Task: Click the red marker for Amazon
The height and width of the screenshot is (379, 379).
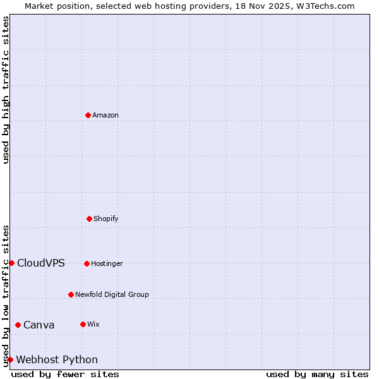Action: (88, 115)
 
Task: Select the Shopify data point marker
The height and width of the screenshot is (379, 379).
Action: (89, 219)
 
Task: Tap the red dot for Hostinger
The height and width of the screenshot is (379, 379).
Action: (87, 263)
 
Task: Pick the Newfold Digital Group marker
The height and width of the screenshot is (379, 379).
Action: (71, 294)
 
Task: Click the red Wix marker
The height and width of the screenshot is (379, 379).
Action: (83, 324)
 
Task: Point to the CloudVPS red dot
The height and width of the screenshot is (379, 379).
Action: (11, 263)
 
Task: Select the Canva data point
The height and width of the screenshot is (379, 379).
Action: (18, 325)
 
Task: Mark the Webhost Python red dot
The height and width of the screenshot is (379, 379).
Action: (10, 359)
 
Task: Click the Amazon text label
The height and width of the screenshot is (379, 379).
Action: (105, 115)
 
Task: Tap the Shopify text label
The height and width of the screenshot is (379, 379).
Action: (106, 219)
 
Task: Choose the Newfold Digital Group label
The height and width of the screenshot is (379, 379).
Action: (112, 294)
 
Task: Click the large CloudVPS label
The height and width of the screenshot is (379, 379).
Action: (41, 263)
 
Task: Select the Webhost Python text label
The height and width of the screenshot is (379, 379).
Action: (57, 359)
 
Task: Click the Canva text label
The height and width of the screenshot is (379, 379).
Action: (39, 325)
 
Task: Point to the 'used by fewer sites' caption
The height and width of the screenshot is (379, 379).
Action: (65, 374)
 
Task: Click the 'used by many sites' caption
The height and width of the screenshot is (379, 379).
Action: (317, 374)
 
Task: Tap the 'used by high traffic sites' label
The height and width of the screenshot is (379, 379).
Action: (6, 90)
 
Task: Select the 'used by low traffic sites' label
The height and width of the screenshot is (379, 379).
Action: (6, 296)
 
